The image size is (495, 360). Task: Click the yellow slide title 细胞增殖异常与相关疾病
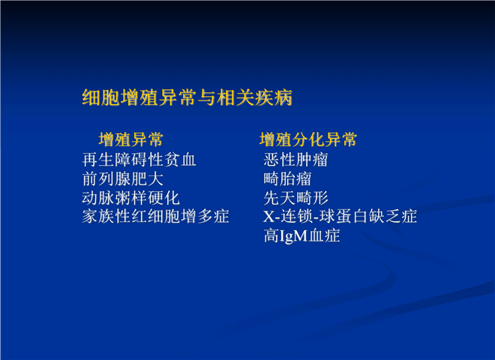tap(187, 97)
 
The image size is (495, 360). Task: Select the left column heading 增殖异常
tap(131, 139)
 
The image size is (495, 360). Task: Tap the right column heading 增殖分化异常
tap(308, 139)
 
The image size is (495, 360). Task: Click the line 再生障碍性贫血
tap(139, 160)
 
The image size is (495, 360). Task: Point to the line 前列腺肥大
tap(123, 178)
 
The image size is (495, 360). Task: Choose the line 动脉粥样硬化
tap(130, 198)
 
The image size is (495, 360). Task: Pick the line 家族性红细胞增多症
tap(156, 217)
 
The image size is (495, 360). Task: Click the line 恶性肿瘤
tap(295, 160)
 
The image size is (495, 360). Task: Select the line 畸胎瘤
tap(287, 178)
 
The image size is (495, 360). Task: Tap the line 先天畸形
tap(295, 198)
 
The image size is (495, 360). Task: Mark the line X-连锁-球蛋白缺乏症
tap(340, 217)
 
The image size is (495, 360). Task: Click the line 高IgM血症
tap(301, 236)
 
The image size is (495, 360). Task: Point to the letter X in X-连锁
tap(269, 217)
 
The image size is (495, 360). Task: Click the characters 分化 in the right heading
tap(308, 139)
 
